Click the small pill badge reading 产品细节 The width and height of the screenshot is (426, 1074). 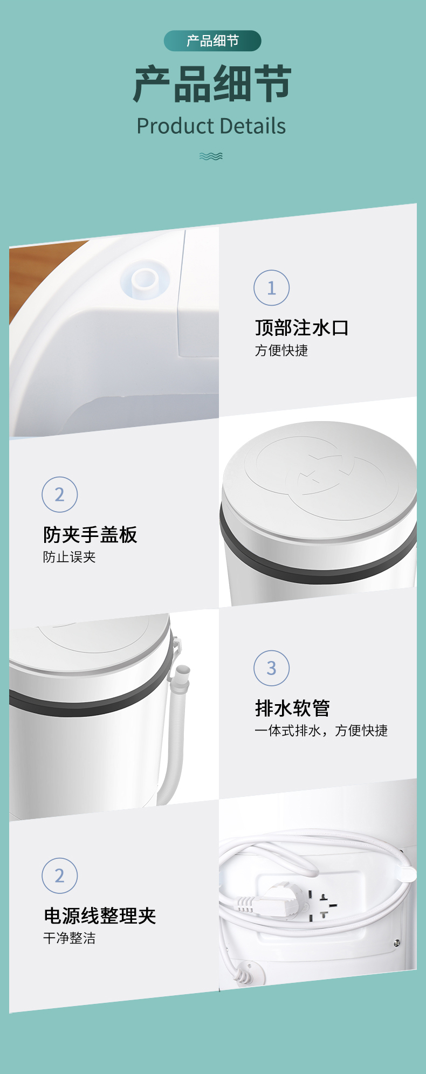212,41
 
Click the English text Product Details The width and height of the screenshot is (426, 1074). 211,126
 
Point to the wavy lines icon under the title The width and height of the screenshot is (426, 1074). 211,156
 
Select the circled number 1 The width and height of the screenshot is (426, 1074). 272,288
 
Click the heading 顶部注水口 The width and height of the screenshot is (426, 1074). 302,328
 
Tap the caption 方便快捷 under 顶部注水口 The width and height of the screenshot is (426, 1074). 281,350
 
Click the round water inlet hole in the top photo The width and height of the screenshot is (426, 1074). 145,279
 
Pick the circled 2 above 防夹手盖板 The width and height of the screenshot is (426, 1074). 60,495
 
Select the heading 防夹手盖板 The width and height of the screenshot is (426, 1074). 90,535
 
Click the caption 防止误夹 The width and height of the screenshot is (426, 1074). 70,557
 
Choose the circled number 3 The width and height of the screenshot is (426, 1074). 272,668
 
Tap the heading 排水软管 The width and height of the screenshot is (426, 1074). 292,708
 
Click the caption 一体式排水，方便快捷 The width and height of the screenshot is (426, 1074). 321,731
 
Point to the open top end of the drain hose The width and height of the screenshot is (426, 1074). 183,671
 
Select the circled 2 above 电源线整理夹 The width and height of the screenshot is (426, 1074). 60,876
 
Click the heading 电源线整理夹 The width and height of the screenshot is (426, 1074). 100,916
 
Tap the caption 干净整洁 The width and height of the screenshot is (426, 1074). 70,938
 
